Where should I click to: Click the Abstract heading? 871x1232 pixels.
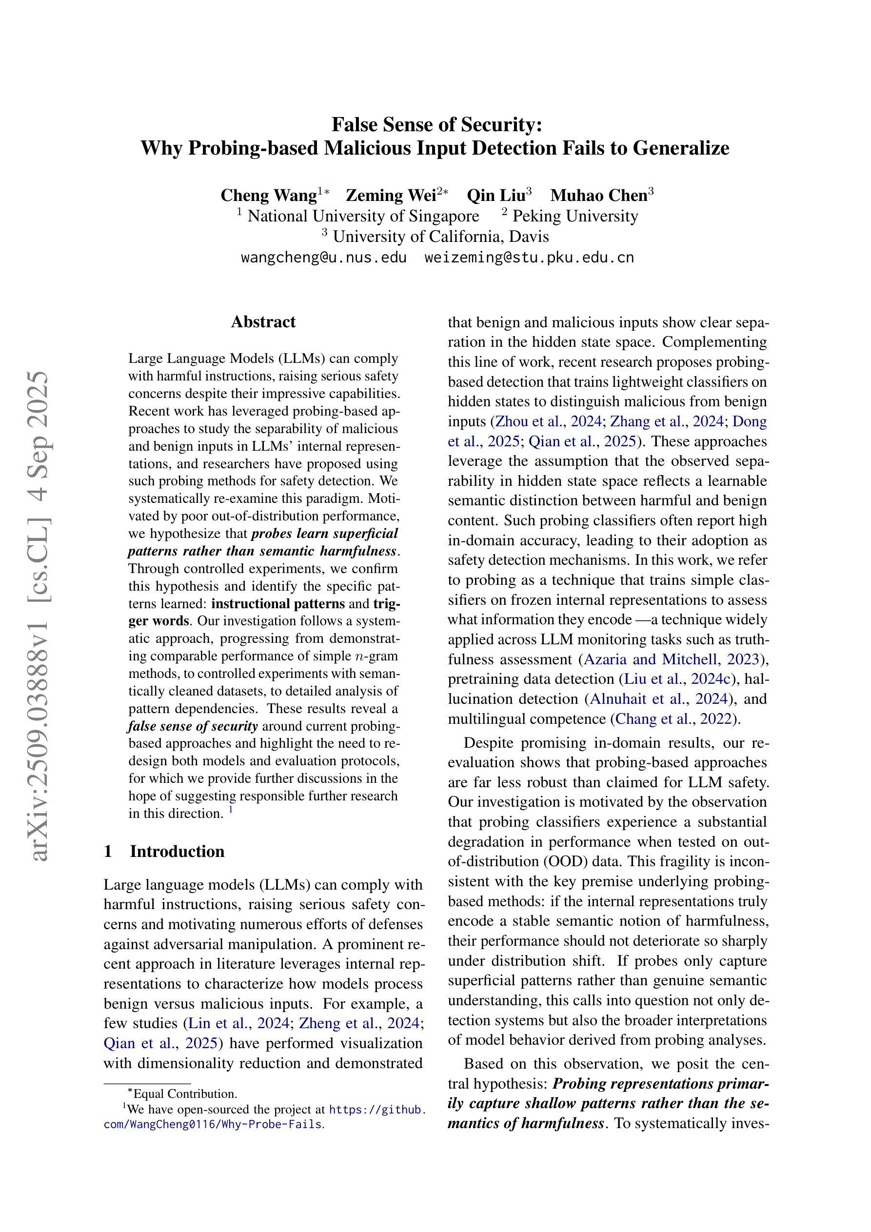(263, 322)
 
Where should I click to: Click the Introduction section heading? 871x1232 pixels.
(177, 851)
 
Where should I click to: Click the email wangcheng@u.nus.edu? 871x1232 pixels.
(324, 258)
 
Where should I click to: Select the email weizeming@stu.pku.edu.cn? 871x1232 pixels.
(529, 258)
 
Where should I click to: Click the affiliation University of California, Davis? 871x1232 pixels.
(440, 237)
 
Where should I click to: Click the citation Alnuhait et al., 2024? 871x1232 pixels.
(659, 698)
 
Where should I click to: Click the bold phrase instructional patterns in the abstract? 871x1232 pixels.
(278, 604)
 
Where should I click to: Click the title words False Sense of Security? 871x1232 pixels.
(437, 124)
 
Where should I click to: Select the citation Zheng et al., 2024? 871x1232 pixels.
(358, 1023)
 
